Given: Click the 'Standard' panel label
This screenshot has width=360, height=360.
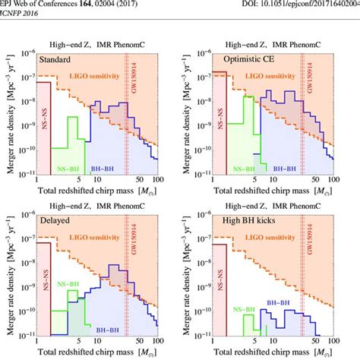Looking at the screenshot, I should [60, 58].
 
